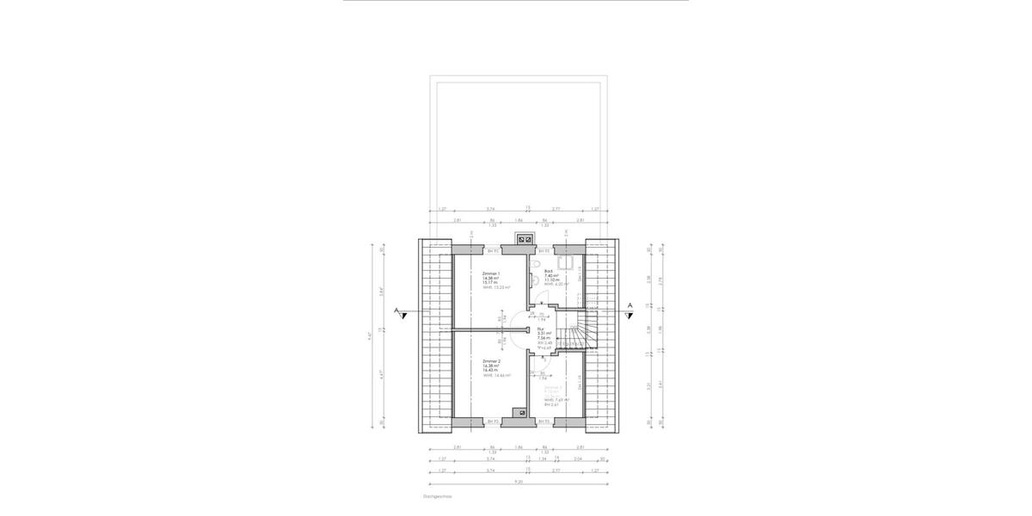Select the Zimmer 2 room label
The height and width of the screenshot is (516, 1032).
click(490, 361)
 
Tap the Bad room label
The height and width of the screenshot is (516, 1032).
click(548, 271)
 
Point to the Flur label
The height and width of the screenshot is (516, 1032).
click(541, 329)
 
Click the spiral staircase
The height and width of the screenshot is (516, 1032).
click(571, 330)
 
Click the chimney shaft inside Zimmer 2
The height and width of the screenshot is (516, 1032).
click(519, 413)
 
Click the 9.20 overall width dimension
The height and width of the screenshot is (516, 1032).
click(518, 482)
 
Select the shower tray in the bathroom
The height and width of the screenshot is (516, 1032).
click(568, 264)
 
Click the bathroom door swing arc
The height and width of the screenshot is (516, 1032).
click(540, 298)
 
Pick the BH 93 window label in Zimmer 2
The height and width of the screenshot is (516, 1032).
click(493, 421)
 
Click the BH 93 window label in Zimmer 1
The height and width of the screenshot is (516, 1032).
click(493, 251)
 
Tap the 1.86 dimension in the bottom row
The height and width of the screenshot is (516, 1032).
click(519, 448)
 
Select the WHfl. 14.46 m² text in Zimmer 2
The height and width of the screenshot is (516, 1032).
click(497, 376)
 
